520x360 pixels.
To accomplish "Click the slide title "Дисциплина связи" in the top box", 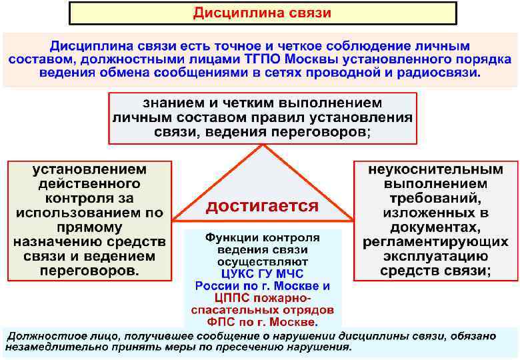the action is click(x=262, y=13).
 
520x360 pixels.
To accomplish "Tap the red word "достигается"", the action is click(x=261, y=206).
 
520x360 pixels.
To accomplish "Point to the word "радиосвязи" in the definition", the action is click(x=440, y=73).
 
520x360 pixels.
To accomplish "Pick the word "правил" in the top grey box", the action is click(x=281, y=118).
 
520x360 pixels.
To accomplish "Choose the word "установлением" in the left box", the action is click(x=91, y=169).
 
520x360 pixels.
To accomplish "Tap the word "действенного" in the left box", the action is click(x=91, y=184).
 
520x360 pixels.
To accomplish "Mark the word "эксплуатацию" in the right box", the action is click(x=436, y=257).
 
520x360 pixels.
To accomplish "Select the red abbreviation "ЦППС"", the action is click(x=227, y=298).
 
